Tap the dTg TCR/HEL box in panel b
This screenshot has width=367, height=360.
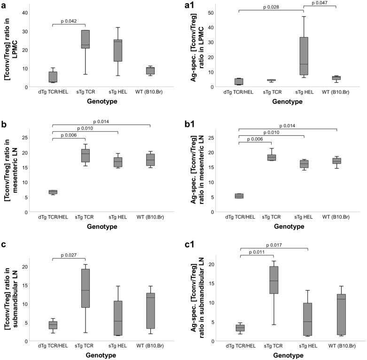53,192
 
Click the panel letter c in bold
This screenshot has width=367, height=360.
4,249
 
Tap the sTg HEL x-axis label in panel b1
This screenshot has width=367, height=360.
304,217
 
